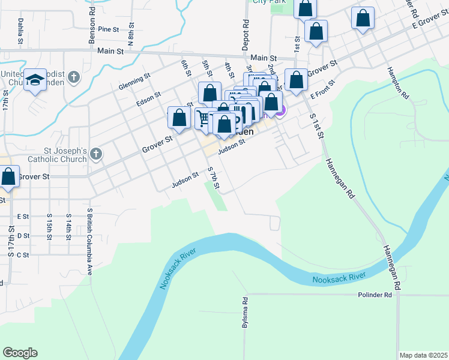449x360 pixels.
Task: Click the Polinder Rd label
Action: click(x=375, y=295)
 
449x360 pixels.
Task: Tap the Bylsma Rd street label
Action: click(x=245, y=313)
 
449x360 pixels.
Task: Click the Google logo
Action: click(x=20, y=353)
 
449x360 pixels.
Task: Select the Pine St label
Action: click(x=109, y=29)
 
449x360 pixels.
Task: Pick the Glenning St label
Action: click(x=133, y=79)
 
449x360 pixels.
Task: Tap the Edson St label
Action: click(x=149, y=95)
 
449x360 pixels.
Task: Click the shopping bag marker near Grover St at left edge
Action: click(x=8, y=176)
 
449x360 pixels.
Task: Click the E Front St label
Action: click(x=321, y=95)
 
